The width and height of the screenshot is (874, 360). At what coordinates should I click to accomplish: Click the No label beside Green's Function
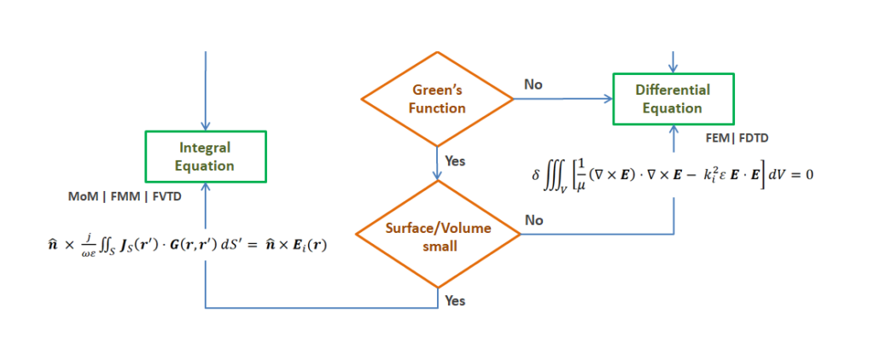click(x=533, y=84)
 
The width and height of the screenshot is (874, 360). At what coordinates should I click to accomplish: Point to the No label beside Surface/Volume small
click(x=533, y=221)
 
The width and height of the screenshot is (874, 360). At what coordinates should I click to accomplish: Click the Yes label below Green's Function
click(x=455, y=161)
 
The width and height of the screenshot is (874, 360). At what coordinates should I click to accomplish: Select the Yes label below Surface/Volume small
click(x=455, y=301)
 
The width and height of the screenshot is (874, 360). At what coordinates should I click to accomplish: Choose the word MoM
click(x=79, y=197)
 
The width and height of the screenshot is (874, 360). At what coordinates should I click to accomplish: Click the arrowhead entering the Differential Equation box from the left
click(x=608, y=99)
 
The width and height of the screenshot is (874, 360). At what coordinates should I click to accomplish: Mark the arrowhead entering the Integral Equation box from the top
click(x=207, y=126)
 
